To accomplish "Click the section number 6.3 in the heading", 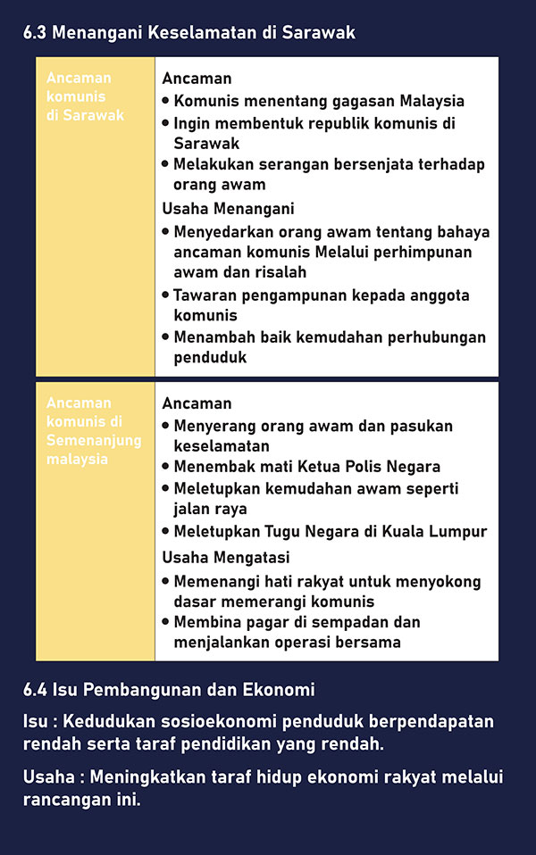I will [x=35, y=33].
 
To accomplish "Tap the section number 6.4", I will [x=35, y=690].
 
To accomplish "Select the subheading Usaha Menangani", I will [x=228, y=209].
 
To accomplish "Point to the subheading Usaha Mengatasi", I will [x=226, y=557].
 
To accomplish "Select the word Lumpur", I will [x=458, y=531].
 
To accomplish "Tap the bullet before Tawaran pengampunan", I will [x=166, y=295].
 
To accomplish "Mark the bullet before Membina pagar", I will [x=166, y=621].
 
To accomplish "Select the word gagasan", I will [x=364, y=101].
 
